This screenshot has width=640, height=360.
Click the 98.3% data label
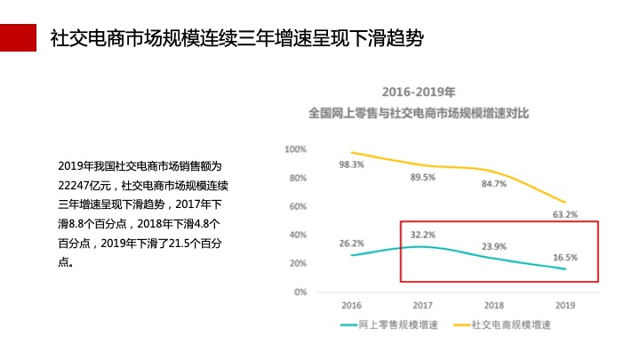[351, 165]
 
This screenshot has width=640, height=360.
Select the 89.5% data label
[422, 178]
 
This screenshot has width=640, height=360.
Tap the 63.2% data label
[564, 214]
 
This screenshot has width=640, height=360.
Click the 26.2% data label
[351, 244]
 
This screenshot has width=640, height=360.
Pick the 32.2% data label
[422, 235]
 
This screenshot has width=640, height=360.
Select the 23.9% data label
[493, 246]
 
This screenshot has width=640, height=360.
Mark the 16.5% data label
[565, 258]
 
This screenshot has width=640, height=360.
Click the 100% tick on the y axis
[295, 149]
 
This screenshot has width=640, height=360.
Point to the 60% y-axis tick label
[297, 206]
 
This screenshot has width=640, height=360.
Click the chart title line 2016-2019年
[419, 92]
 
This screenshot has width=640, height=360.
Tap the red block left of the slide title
[18, 37]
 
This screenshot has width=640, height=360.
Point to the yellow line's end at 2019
[564, 202]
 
